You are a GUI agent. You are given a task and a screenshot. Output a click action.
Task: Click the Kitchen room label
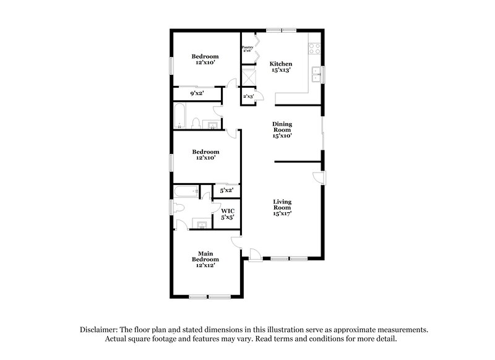pos(281,64)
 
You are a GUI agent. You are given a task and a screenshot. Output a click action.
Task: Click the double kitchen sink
pos(317,75)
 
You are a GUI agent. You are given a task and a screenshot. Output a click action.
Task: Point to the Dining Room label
pos(282,127)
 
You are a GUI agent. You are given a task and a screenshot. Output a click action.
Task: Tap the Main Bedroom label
pos(206,254)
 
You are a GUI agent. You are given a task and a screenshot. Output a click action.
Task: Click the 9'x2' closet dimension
pos(197,93)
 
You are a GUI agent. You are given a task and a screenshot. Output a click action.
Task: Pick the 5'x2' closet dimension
pos(227,191)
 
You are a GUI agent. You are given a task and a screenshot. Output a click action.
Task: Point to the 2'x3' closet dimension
pos(249,96)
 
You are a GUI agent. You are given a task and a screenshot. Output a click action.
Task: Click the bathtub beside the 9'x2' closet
pos(181,116)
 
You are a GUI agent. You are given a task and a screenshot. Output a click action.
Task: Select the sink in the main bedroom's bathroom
pos(200,223)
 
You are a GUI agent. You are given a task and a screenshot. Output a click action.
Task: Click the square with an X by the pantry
pos(249,78)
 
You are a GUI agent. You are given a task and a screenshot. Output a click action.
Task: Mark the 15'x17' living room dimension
pos(282,214)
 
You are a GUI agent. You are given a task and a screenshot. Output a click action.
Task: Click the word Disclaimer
pos(100,330)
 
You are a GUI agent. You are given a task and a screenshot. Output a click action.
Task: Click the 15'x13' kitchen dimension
pos(281,71)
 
